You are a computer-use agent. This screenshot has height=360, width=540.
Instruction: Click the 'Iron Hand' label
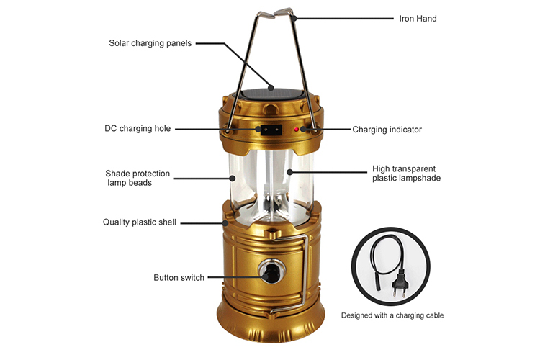click(418, 19)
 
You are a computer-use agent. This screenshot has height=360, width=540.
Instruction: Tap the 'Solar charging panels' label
click(150, 43)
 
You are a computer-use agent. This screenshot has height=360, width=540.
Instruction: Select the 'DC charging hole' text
click(138, 128)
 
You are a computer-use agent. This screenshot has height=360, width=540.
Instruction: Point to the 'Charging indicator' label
click(387, 130)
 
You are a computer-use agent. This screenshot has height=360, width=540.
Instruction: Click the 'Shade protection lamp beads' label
click(138, 178)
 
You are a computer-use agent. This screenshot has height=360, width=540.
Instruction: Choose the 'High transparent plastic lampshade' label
click(406, 174)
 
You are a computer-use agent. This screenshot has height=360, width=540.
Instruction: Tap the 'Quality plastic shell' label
click(140, 222)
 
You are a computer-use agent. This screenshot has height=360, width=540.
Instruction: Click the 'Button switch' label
click(179, 278)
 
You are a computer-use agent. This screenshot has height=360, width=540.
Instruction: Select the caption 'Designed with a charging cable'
click(392, 315)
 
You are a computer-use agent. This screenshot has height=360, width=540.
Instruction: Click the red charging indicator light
click(296, 130)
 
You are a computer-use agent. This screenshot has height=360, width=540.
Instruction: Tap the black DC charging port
click(271, 130)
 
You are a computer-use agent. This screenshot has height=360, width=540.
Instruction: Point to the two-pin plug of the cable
click(397, 282)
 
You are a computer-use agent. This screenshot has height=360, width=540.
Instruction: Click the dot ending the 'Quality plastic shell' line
click(225, 223)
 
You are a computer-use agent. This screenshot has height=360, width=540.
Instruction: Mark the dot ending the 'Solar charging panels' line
click(271, 88)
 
